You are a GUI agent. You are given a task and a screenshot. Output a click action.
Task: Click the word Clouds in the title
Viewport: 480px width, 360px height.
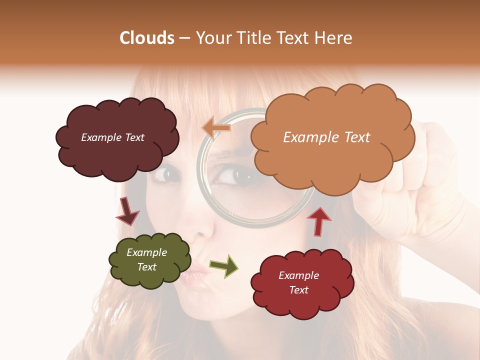(x=147, y=38)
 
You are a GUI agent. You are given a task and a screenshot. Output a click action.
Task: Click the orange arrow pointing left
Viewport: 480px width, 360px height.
(x=216, y=127)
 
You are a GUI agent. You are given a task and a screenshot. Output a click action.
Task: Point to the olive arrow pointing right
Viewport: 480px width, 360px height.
(x=224, y=266)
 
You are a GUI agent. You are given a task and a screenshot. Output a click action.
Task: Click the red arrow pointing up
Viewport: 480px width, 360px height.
(x=319, y=220)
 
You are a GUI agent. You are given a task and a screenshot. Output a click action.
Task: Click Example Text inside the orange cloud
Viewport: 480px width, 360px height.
(x=326, y=137)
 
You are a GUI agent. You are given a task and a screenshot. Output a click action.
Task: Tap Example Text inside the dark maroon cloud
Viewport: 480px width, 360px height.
(x=112, y=137)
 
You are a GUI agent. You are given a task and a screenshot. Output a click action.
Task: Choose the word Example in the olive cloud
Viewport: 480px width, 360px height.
(x=146, y=252)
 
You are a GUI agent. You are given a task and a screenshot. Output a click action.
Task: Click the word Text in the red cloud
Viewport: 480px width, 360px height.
(x=299, y=290)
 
